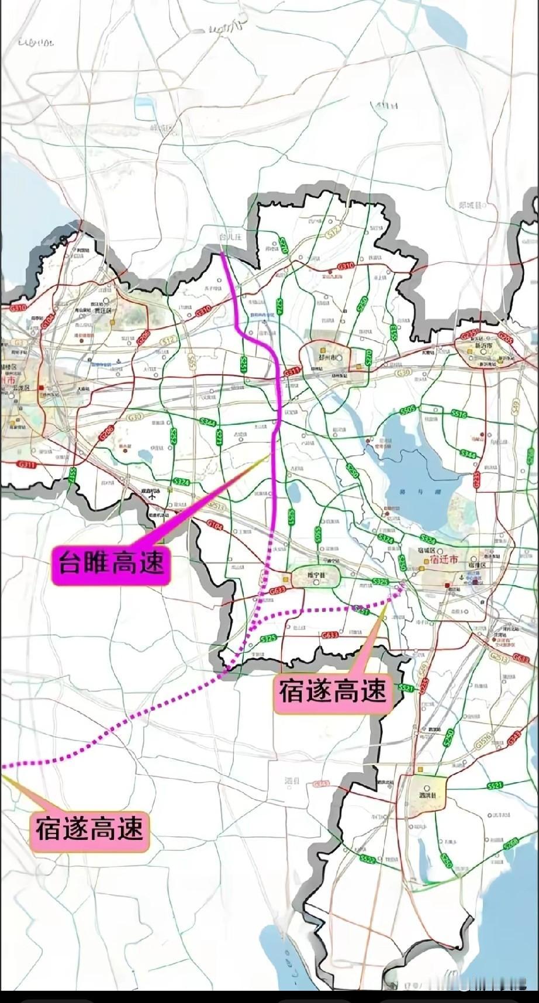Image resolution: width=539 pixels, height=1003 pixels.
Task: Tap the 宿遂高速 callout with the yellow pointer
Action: [89, 828]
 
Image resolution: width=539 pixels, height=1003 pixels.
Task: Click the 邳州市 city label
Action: [324, 357]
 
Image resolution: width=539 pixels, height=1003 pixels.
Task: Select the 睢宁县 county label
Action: [316, 575]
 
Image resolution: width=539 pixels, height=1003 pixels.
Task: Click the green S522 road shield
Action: [367, 859]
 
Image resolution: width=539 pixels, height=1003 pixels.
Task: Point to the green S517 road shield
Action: [73, 474]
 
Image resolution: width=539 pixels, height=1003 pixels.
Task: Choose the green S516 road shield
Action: [459, 414]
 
